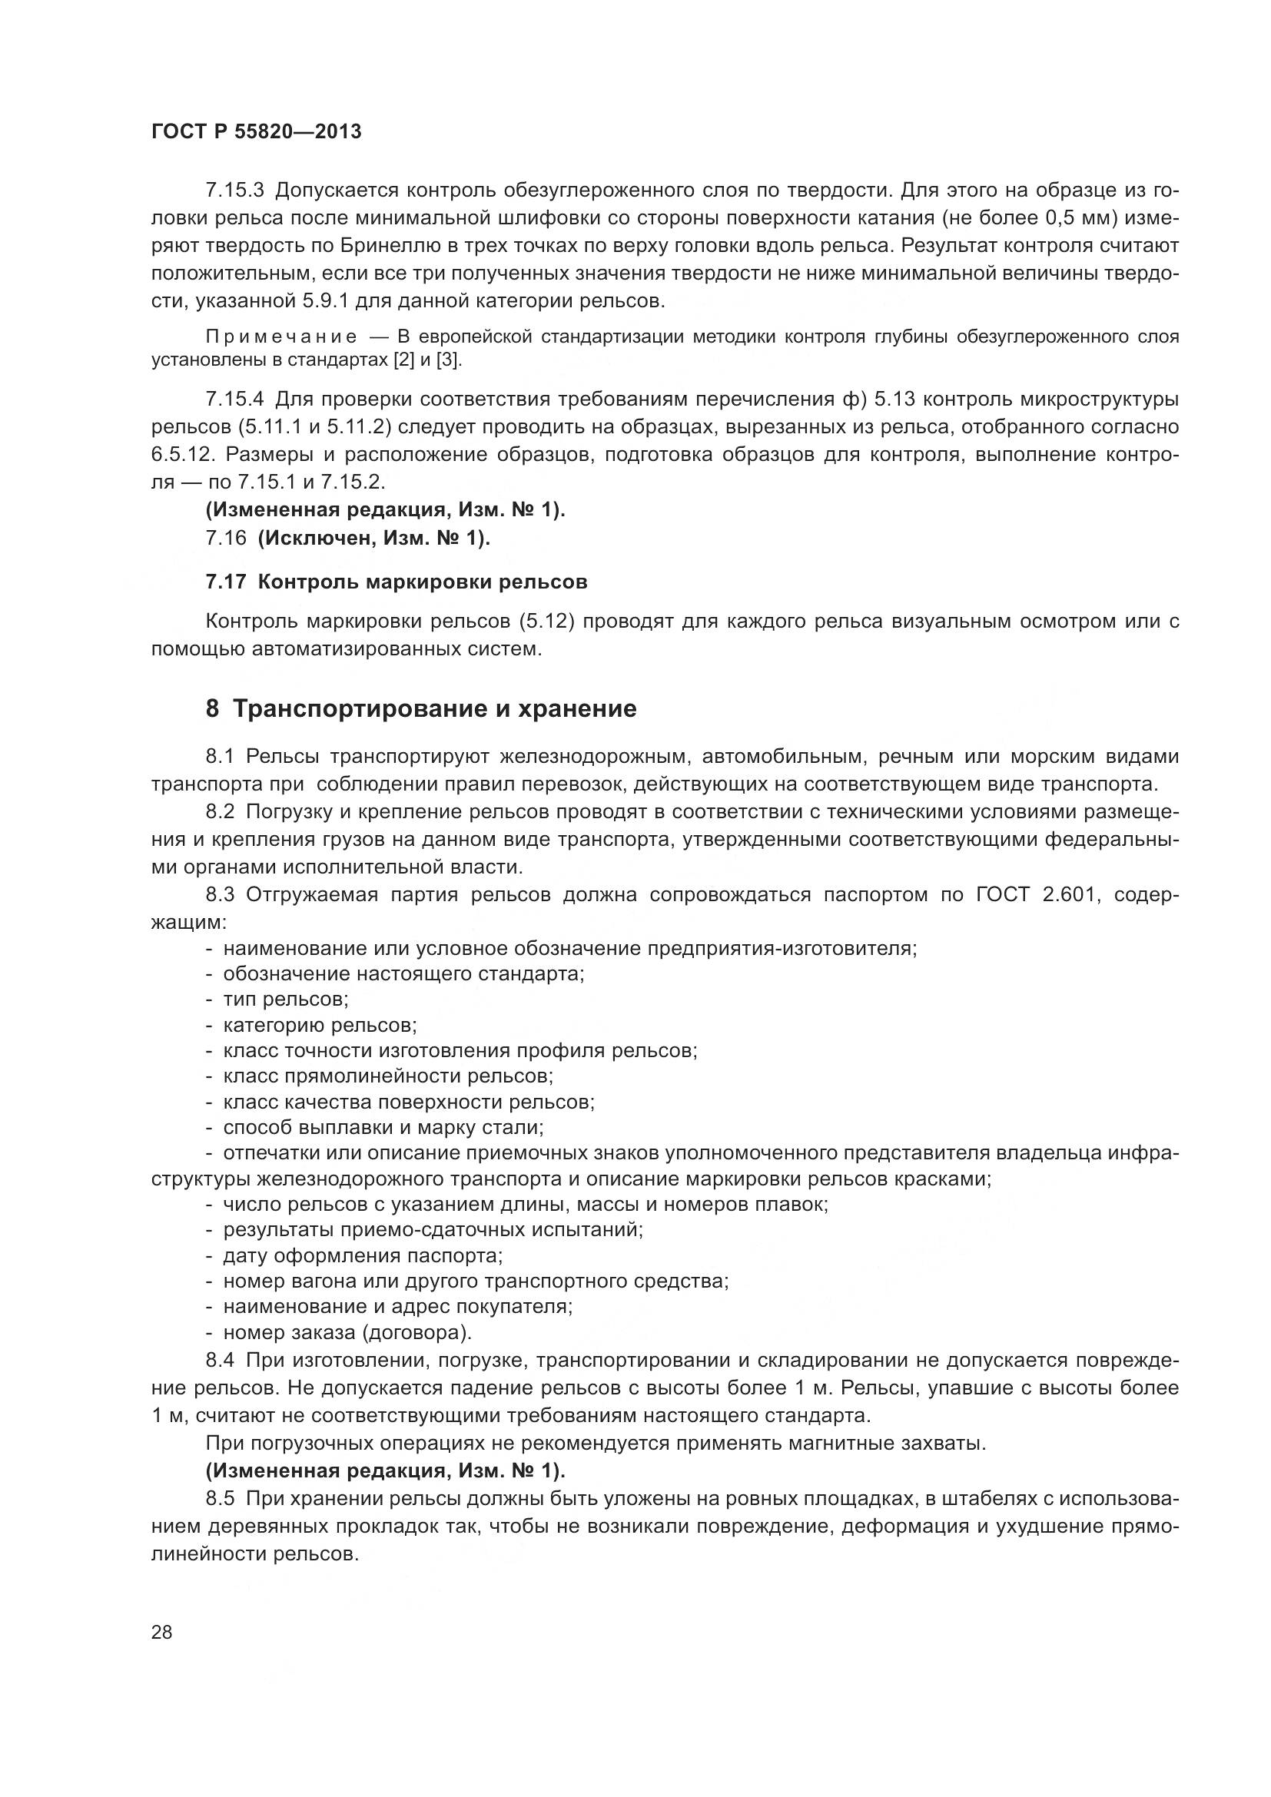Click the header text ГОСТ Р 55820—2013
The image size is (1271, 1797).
tap(256, 131)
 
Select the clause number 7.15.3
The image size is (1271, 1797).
tap(235, 191)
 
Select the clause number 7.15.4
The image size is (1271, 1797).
tap(235, 400)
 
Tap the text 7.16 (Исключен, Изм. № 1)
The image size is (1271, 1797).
tap(347, 539)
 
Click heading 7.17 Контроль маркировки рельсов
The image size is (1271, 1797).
tap(396, 582)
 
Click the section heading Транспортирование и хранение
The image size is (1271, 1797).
tap(434, 709)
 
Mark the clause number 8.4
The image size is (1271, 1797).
tap(220, 1361)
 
